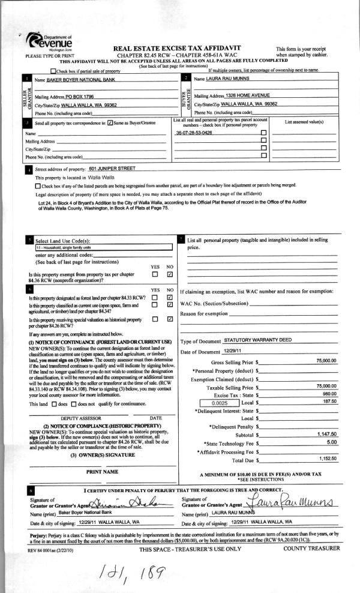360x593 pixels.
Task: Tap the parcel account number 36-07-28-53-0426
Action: pos(193,132)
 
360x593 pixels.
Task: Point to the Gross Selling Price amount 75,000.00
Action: pos(326,361)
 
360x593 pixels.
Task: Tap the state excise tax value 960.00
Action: pos(329,394)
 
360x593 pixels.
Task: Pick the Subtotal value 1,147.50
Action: pos(326,433)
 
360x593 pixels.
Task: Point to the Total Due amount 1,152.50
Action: pos(326,459)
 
